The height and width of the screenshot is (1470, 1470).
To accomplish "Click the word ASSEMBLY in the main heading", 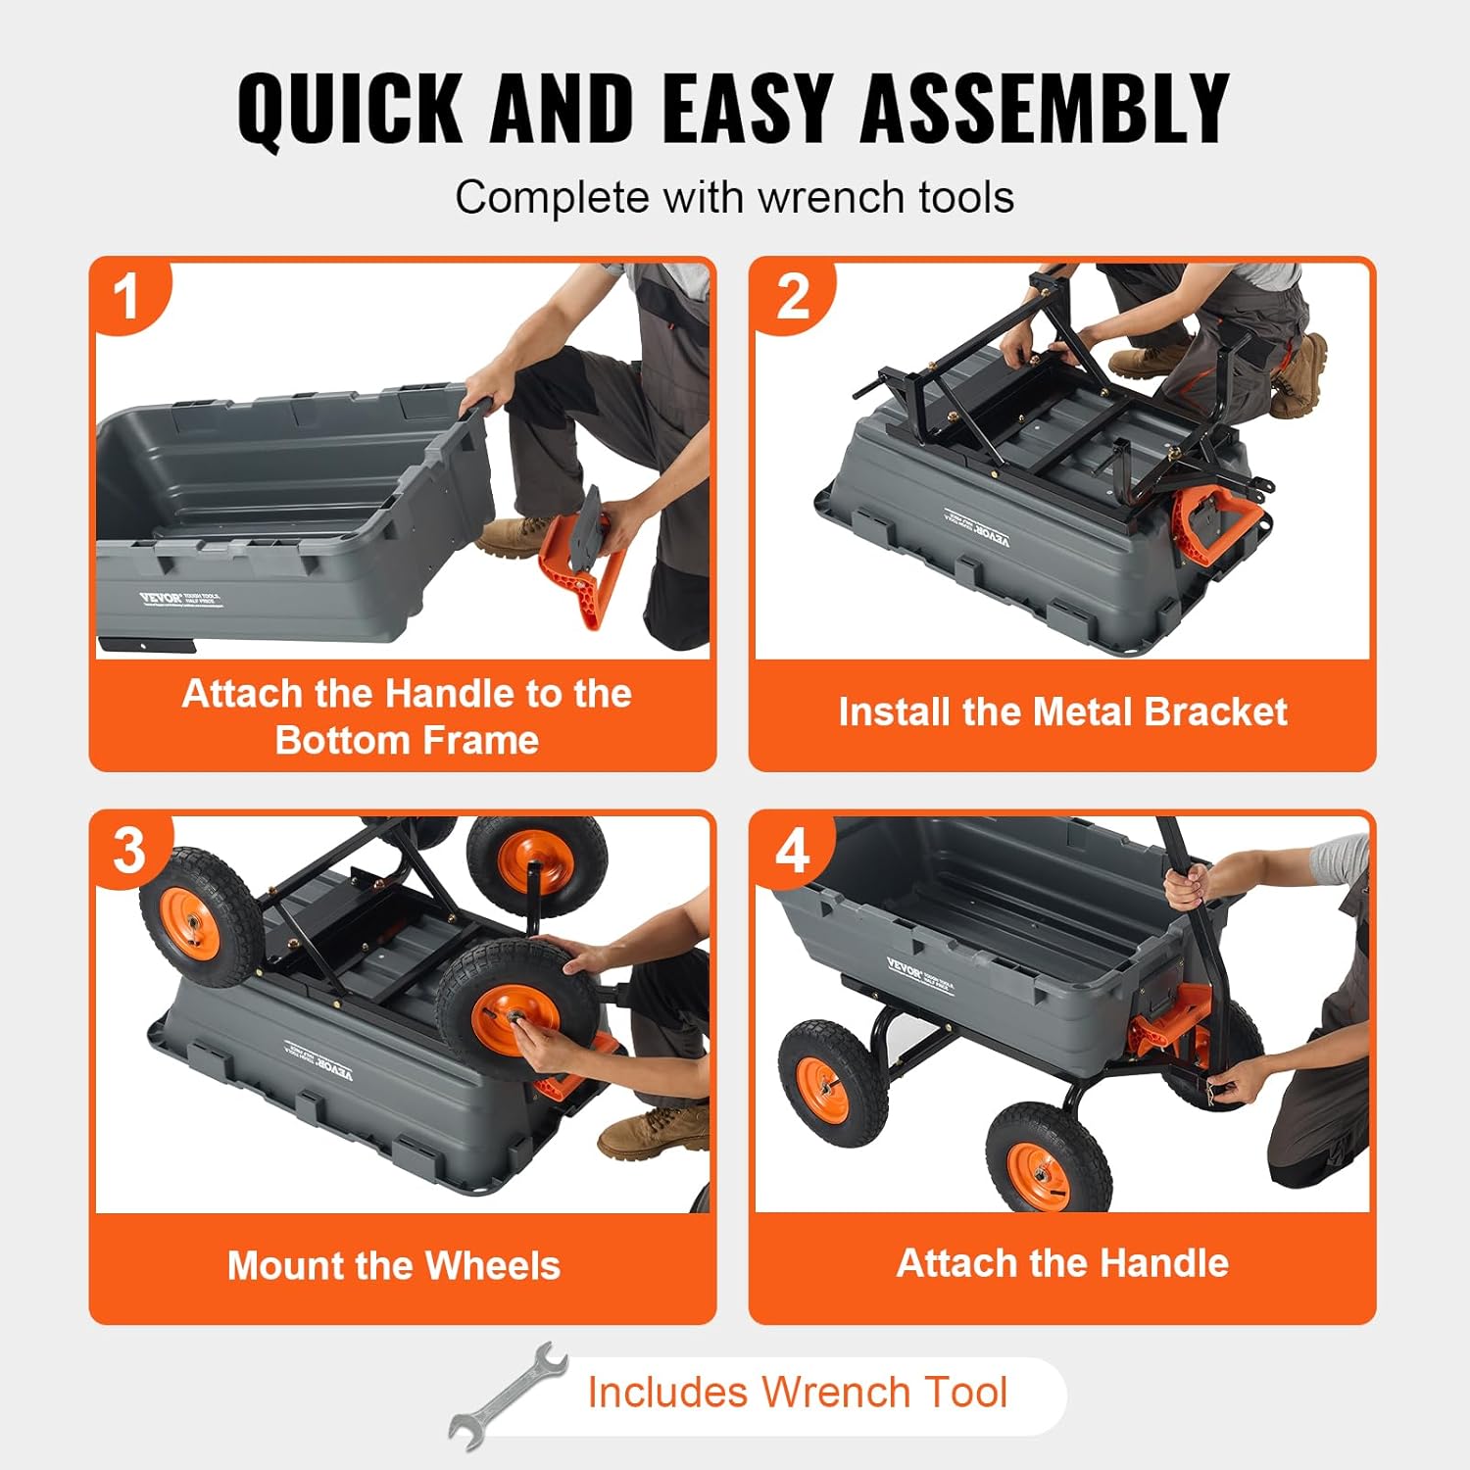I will [x=1044, y=109].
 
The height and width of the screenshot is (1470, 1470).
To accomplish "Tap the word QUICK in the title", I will [x=350, y=109].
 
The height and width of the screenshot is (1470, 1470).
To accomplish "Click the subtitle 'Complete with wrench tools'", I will [x=734, y=198].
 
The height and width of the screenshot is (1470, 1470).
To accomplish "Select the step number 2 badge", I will [x=792, y=296].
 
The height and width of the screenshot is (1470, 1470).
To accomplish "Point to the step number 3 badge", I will [x=129, y=850].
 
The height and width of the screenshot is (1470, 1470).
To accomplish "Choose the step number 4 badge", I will [x=792, y=850].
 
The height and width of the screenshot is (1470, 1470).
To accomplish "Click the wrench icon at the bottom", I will [x=510, y=1396].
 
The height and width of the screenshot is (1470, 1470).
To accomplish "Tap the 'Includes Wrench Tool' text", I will [x=797, y=1393].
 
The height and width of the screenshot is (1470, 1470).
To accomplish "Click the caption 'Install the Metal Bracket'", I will [x=1062, y=712].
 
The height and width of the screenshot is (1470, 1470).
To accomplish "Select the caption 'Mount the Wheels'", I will [x=394, y=1265].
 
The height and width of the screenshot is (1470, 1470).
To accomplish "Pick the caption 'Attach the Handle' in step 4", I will [x=1062, y=1263].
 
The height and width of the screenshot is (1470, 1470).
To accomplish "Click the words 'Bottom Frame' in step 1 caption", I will [x=407, y=740].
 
